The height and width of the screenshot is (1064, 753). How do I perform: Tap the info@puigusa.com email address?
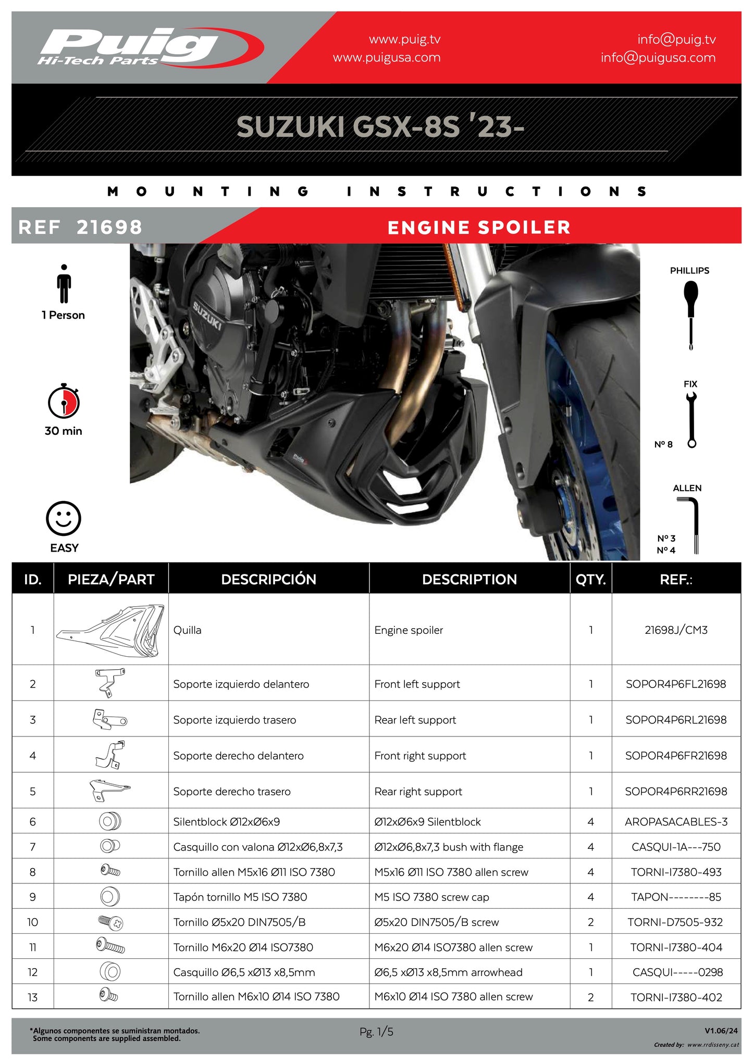[x=658, y=58]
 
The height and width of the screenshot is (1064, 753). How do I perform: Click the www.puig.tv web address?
[x=404, y=39]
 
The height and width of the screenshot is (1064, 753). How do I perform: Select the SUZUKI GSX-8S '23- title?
[x=380, y=127]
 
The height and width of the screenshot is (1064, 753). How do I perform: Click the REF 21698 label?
[x=80, y=227]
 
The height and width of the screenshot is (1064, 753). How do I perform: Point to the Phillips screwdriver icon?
[x=690, y=315]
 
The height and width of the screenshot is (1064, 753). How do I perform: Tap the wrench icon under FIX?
[x=692, y=420]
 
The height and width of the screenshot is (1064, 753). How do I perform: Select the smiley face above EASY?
[x=64, y=519]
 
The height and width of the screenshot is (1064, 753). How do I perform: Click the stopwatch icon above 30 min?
[x=64, y=401]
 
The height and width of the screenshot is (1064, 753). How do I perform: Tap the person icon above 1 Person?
[x=64, y=284]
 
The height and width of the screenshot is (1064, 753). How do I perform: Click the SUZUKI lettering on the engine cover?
[x=207, y=316]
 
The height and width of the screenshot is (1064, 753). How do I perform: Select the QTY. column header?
[x=590, y=579]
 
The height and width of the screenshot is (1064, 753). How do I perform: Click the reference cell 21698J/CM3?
[x=676, y=630]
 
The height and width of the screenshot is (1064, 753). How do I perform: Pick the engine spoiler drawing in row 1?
[x=111, y=630]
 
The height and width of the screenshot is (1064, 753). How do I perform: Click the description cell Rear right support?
[x=418, y=792]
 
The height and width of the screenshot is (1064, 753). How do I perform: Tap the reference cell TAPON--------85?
[x=676, y=897]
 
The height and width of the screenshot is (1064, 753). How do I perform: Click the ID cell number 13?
[x=32, y=997]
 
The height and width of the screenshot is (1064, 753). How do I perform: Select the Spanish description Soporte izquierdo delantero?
[x=241, y=684]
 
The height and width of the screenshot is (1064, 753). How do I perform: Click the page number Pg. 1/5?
[x=376, y=1031]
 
